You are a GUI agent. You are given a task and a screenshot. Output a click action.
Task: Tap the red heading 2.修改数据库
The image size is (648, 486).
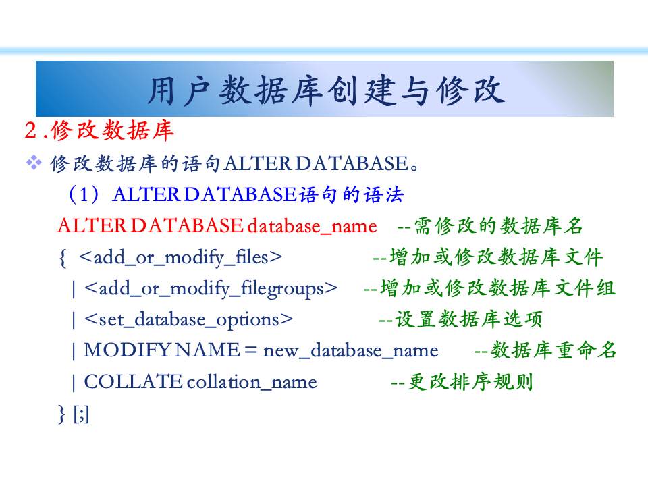99,130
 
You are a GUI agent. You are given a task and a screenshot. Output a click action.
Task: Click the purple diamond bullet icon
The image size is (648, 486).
34,163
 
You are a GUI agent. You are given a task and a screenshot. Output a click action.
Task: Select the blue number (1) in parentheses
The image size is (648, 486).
84,194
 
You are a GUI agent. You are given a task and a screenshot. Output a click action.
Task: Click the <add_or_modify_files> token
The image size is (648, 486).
181,258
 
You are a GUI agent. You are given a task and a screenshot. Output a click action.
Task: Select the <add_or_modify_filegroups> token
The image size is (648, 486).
211,289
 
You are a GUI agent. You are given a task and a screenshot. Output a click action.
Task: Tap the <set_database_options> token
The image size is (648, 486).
188,320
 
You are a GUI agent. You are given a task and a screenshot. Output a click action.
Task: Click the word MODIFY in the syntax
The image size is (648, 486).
127,350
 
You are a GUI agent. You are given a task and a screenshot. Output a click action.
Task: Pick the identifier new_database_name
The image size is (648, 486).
351,351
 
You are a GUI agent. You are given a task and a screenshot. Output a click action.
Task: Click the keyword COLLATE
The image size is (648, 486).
133,381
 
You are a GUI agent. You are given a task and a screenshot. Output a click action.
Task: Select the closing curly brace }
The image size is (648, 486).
62,414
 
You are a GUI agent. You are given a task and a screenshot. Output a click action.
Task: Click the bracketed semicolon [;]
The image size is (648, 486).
81,414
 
